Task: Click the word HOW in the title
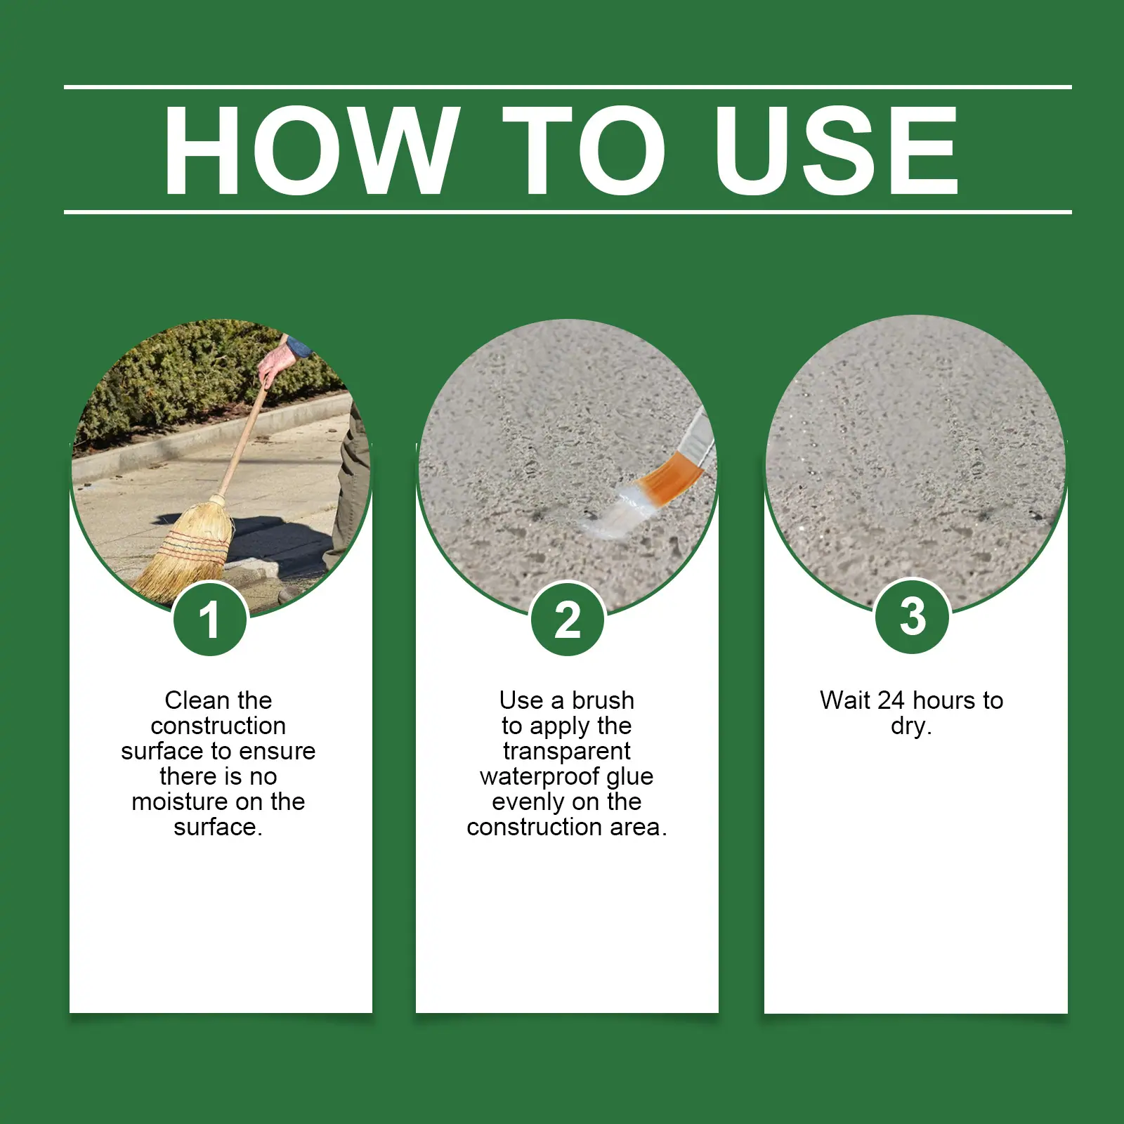coord(312,150)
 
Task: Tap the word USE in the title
coord(836,150)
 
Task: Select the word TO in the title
coord(584,150)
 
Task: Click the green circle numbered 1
coord(210,619)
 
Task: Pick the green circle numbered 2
coord(568,619)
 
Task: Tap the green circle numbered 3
coord(913,616)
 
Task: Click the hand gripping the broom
coord(275,365)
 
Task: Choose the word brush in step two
coord(603,700)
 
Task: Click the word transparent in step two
coord(567,751)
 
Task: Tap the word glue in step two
coord(630,777)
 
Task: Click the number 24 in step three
coord(891,700)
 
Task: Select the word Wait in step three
coord(845,700)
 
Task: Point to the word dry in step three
coord(908,726)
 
